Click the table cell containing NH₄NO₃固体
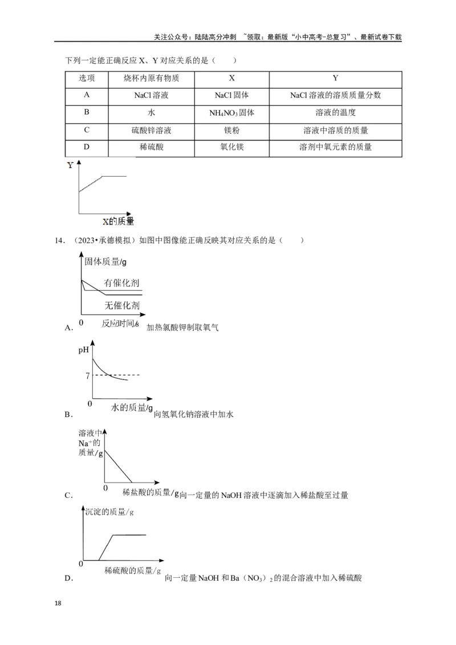pyautogui.click(x=231, y=112)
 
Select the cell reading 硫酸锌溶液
pyautogui.click(x=151, y=130)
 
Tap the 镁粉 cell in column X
pyautogui.click(x=231, y=130)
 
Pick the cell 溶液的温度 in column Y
pyautogui.click(x=335, y=112)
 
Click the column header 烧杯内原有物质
pyautogui.click(x=151, y=78)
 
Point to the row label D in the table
pyautogui.click(x=87, y=147)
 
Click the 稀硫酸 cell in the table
pyautogui.click(x=151, y=147)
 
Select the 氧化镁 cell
pyautogui.click(x=231, y=147)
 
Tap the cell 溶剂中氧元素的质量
pyautogui.click(x=335, y=147)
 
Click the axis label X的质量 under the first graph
pyautogui.click(x=119, y=221)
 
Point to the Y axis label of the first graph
pyautogui.click(x=70, y=166)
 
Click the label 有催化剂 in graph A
pyautogui.click(x=121, y=283)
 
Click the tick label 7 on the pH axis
pyautogui.click(x=87, y=375)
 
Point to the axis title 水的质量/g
pyautogui.click(x=132, y=407)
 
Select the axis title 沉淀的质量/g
pyautogui.click(x=109, y=512)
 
